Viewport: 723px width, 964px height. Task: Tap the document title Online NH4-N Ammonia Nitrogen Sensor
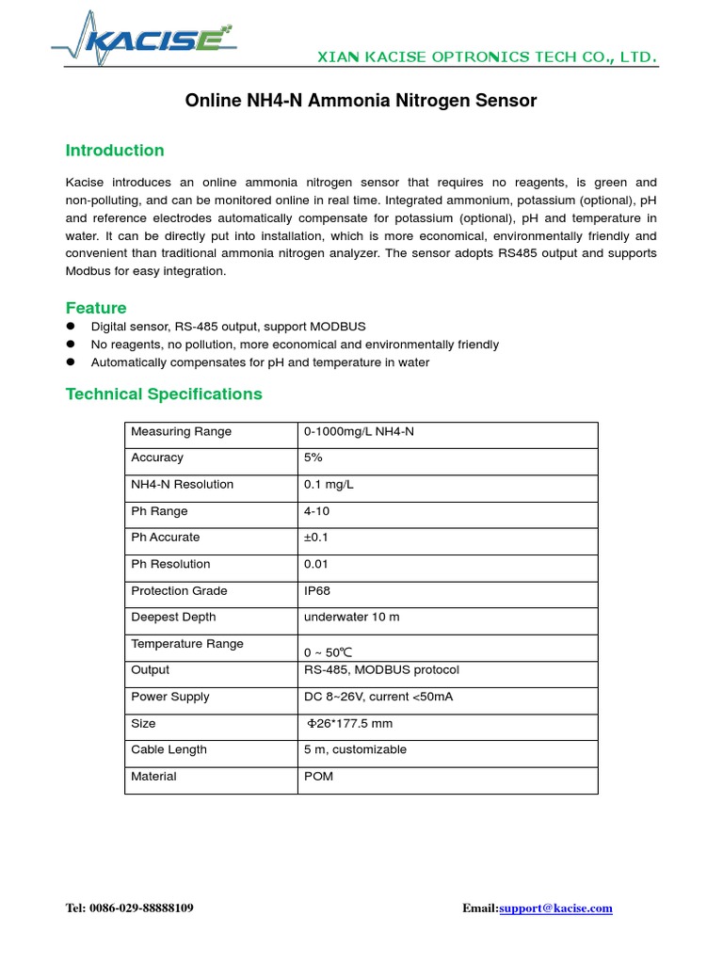(x=361, y=101)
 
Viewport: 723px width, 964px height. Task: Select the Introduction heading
(x=115, y=151)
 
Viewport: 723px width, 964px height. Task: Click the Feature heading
(x=96, y=308)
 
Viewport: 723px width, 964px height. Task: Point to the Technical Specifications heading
(x=164, y=394)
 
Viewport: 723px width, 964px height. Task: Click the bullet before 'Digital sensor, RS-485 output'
(x=71, y=327)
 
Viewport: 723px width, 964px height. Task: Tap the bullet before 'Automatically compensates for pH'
(x=71, y=362)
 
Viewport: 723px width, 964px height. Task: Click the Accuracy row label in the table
(x=157, y=458)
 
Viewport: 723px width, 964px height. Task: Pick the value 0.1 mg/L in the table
(x=329, y=484)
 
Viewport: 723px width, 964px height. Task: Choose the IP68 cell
(x=317, y=591)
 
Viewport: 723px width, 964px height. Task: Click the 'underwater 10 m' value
(x=351, y=618)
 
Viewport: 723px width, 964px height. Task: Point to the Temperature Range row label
(x=186, y=644)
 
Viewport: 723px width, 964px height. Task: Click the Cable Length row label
(x=169, y=749)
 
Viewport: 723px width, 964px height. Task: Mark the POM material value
(x=318, y=777)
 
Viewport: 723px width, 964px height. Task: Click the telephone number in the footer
(x=130, y=908)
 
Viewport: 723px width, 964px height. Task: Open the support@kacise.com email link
(x=555, y=908)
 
